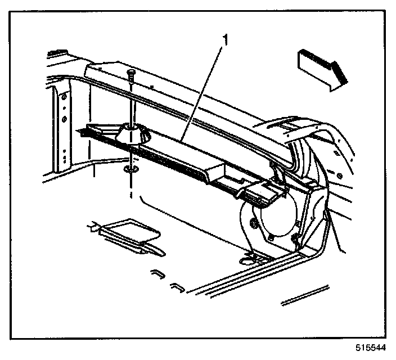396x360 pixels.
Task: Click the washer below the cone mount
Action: click(x=131, y=169)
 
